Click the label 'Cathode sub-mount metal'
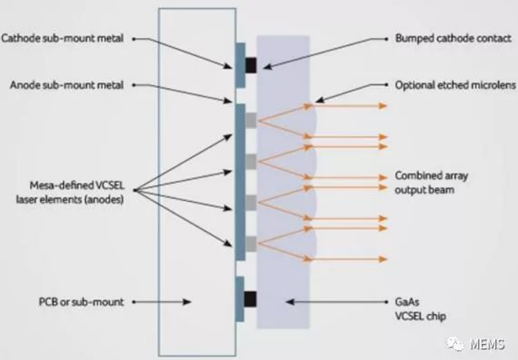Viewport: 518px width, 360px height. tap(63, 39)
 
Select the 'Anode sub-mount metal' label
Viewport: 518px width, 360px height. tap(67, 85)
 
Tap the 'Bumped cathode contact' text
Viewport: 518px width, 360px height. tap(453, 39)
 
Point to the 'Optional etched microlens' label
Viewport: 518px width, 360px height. tap(455, 85)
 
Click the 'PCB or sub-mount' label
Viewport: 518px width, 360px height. tap(82, 302)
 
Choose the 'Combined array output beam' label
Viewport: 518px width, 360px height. tap(431, 182)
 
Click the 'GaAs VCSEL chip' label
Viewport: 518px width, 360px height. tap(420, 309)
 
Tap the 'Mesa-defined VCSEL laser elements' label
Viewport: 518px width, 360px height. tap(70, 192)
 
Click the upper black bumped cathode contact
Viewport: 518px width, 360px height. tap(251, 65)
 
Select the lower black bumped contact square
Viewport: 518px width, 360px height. tap(250, 299)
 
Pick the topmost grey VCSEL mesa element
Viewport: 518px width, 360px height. tap(251, 120)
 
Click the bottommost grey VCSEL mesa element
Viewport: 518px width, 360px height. tap(251, 244)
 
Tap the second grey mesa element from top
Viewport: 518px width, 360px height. tap(251, 162)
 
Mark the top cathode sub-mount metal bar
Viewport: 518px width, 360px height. tap(240, 65)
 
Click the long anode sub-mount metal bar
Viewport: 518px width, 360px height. tap(240, 182)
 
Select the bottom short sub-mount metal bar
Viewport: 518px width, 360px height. tap(240, 299)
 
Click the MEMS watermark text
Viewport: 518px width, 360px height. tap(487, 344)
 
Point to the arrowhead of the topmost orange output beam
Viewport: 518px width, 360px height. tap(383, 106)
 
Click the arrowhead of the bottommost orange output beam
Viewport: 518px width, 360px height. tap(383, 259)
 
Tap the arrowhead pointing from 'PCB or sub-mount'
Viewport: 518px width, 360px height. tap(187, 302)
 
